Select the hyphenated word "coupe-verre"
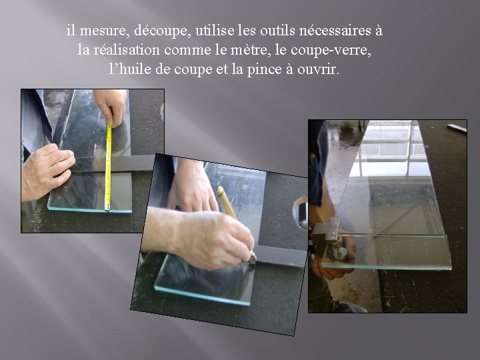point(331,51)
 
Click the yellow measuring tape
point(108,167)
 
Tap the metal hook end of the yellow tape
point(107,207)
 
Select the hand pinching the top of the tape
point(111,106)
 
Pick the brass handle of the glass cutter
point(226,203)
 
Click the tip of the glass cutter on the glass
point(253,259)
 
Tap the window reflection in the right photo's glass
point(389,149)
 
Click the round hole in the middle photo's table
point(300,212)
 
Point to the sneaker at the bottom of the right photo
point(348,306)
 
